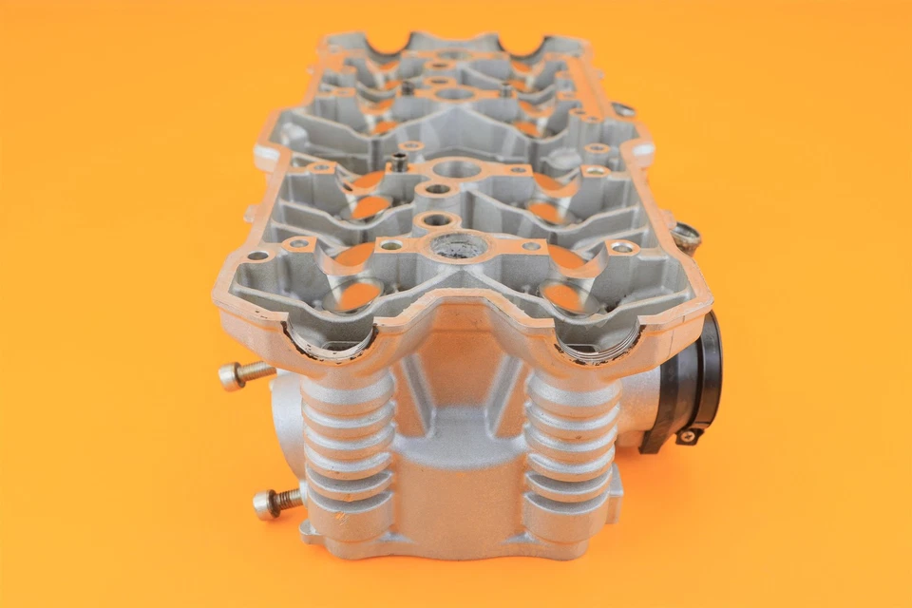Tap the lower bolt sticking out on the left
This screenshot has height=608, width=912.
pyautogui.click(x=275, y=501)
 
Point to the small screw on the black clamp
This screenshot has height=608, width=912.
pyautogui.click(x=687, y=436)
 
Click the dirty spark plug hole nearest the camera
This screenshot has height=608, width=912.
pyautogui.click(x=459, y=247)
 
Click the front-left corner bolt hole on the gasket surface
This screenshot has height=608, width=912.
pyautogui.click(x=257, y=256)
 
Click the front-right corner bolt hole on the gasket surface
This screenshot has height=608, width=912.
pyautogui.click(x=623, y=248)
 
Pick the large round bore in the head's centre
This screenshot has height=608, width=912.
pyautogui.click(x=457, y=170)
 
